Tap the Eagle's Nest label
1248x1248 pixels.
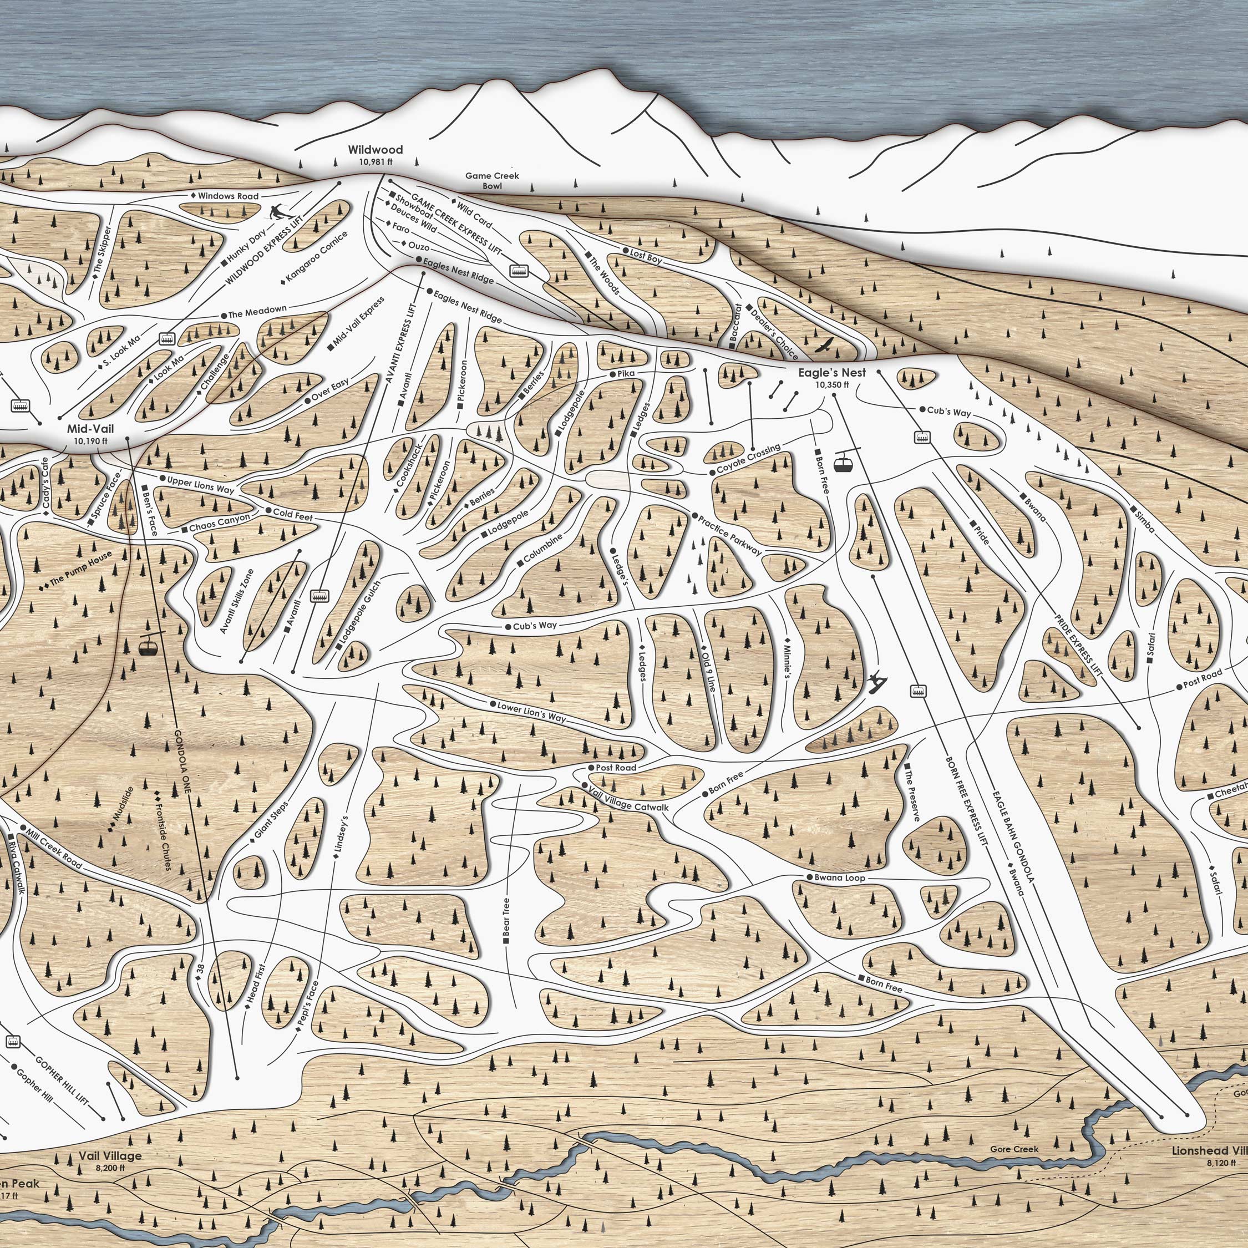pos(831,373)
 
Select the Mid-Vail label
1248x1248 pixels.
pos(90,429)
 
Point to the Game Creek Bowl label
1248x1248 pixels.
pos(492,180)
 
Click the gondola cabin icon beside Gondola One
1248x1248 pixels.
pos(149,645)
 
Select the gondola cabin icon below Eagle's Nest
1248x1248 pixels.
pos(841,462)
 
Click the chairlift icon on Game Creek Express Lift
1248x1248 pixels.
pos(519,271)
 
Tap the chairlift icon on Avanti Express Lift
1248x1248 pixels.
pos(319,596)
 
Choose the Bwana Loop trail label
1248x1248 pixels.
pos(839,878)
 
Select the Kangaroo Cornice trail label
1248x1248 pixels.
pos(317,256)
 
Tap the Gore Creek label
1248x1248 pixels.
pos(1014,1149)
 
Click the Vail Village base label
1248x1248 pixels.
pos(110,1156)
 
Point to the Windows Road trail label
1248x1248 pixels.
pos(228,196)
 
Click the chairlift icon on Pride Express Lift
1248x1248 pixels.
pos(922,437)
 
